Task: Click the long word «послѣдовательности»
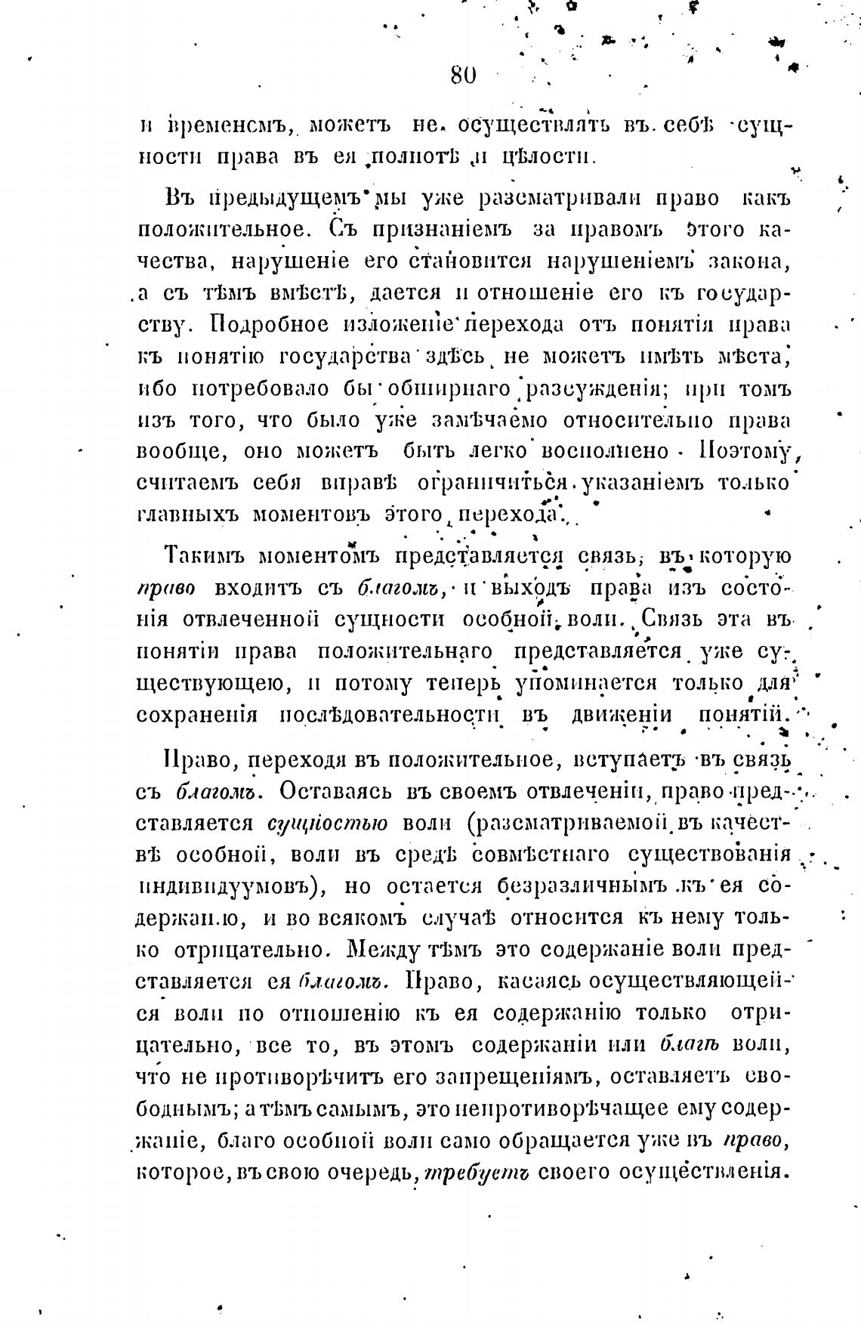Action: click(x=392, y=715)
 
